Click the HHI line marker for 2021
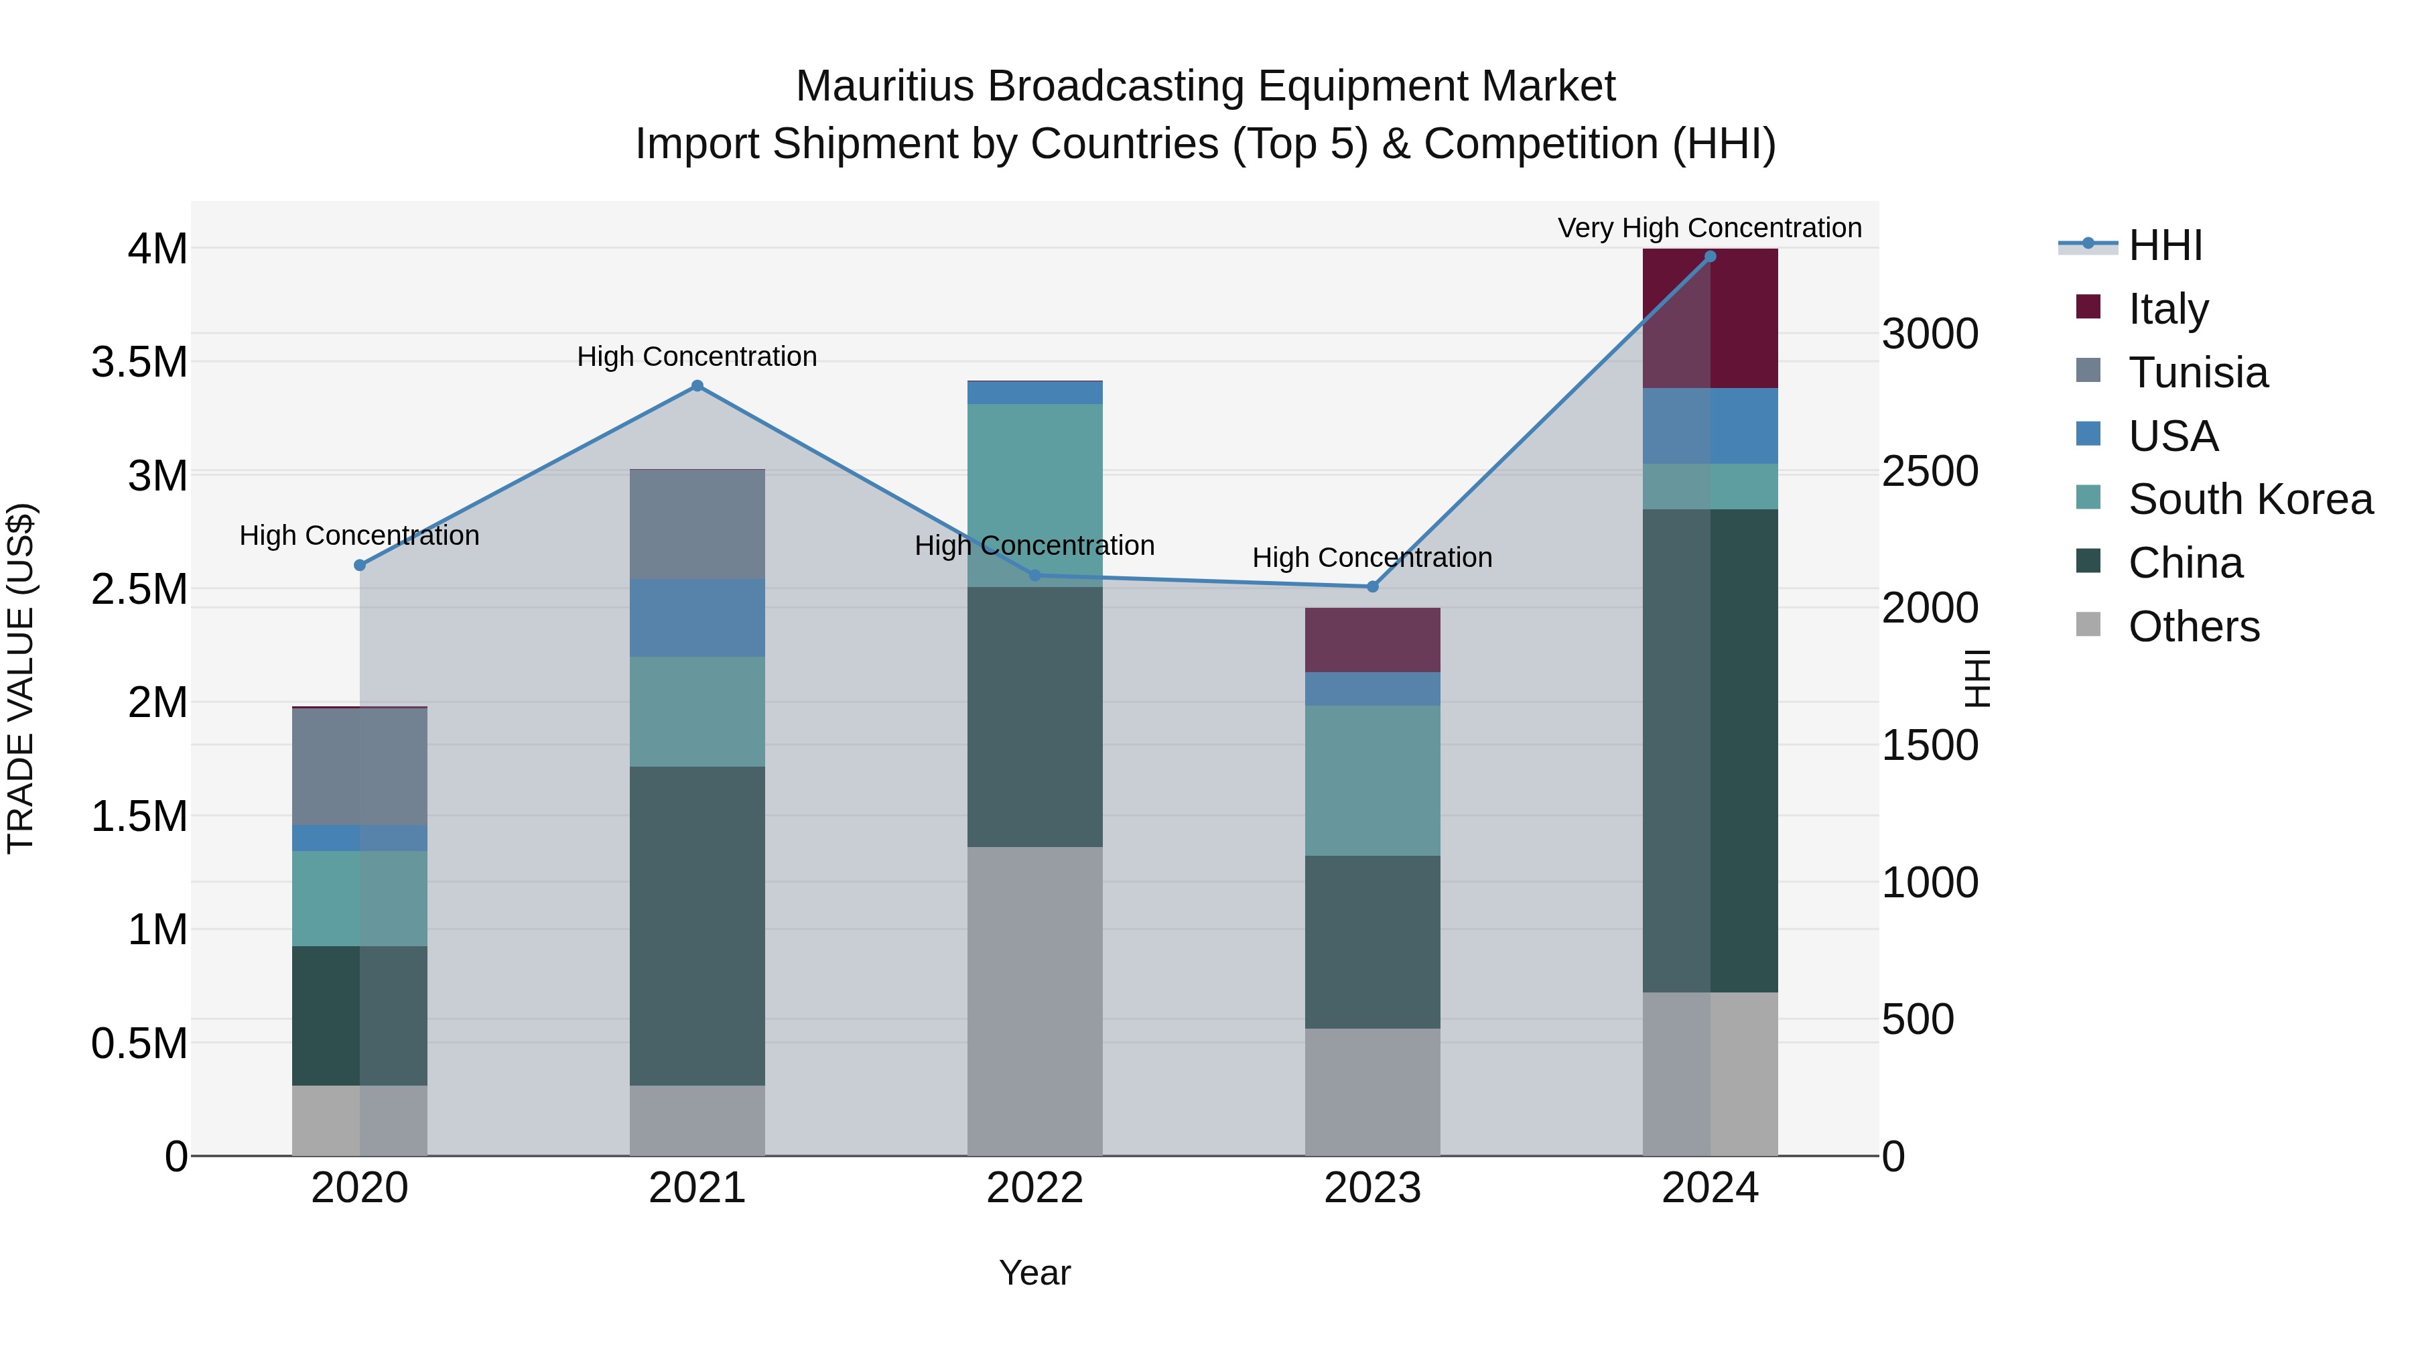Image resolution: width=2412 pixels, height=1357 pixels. (x=697, y=386)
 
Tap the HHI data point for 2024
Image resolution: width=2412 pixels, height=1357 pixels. (x=1710, y=257)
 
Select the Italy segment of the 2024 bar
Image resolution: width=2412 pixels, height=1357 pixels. (x=1710, y=318)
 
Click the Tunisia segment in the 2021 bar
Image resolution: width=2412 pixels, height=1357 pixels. (x=697, y=525)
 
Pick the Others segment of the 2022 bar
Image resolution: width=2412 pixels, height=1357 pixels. (x=1034, y=1000)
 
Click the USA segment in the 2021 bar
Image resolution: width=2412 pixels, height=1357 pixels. (x=697, y=618)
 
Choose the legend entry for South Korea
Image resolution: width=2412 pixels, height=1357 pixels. (x=2250, y=499)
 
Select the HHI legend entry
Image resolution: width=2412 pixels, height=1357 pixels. (x=2165, y=245)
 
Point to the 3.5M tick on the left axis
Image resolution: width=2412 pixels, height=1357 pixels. (x=139, y=361)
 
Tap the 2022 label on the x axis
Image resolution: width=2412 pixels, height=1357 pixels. (x=1034, y=1188)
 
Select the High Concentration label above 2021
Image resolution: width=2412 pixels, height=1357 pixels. (x=697, y=357)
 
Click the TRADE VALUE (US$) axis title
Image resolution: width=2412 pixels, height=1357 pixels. (x=21, y=678)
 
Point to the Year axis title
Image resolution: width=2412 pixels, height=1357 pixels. (x=1034, y=1273)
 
